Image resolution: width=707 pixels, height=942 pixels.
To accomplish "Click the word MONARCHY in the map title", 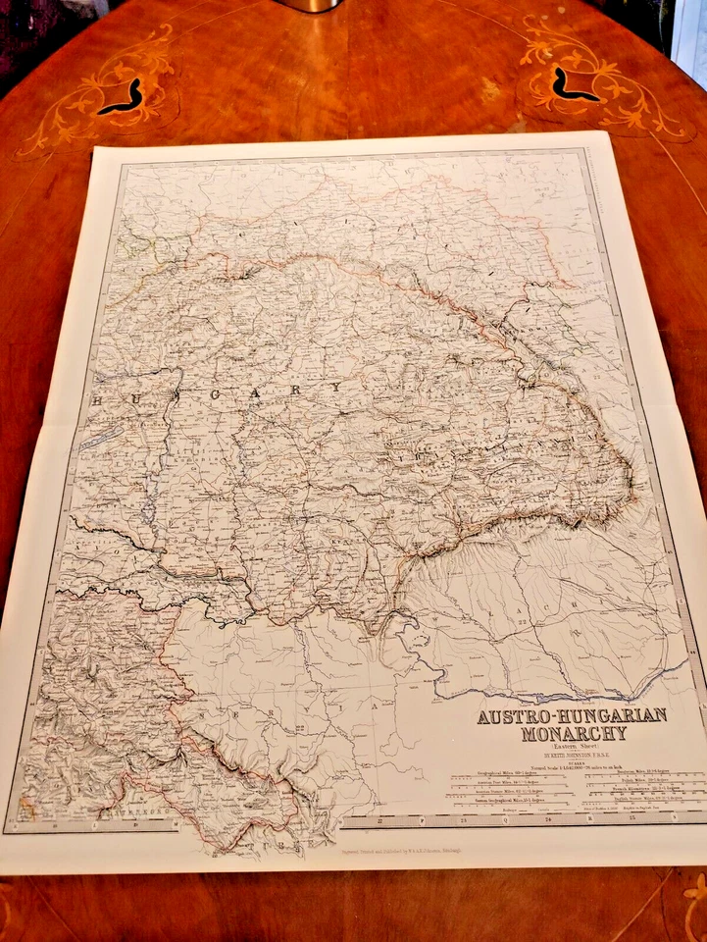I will click(x=571, y=733).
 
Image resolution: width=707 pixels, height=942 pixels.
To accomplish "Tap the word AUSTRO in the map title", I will click(x=511, y=716).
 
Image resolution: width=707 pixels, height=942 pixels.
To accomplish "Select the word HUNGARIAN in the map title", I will click(x=609, y=715).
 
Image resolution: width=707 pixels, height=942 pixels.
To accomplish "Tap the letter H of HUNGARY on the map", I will click(x=96, y=400).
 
